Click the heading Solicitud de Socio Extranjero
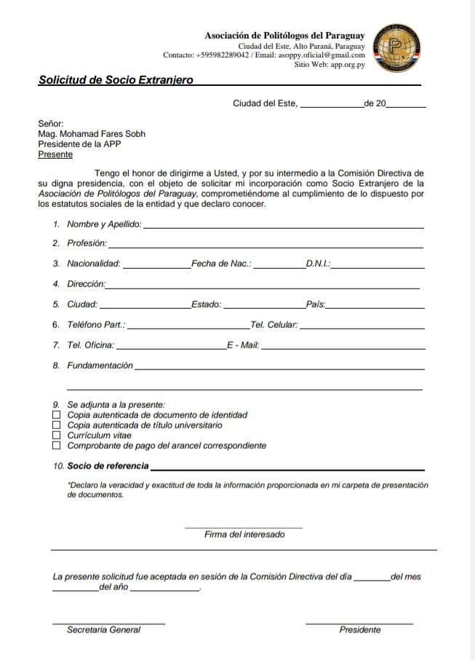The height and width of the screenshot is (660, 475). click(116, 79)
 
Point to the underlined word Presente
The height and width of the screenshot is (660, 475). click(55, 154)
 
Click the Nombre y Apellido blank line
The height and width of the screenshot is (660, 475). click(284, 227)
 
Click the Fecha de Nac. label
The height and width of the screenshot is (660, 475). click(221, 264)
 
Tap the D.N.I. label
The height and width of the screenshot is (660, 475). click(319, 264)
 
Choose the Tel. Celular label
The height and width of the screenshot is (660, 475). click(274, 325)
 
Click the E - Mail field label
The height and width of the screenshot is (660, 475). click(243, 345)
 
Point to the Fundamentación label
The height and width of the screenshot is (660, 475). click(100, 366)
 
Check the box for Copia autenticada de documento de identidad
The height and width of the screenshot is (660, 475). click(57, 415)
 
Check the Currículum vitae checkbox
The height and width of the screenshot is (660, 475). click(57, 435)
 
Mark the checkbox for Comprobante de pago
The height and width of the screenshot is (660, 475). click(57, 445)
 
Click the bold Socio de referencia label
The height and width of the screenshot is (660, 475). click(108, 465)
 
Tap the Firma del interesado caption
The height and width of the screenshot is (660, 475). click(244, 535)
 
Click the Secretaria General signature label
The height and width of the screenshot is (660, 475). click(103, 630)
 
